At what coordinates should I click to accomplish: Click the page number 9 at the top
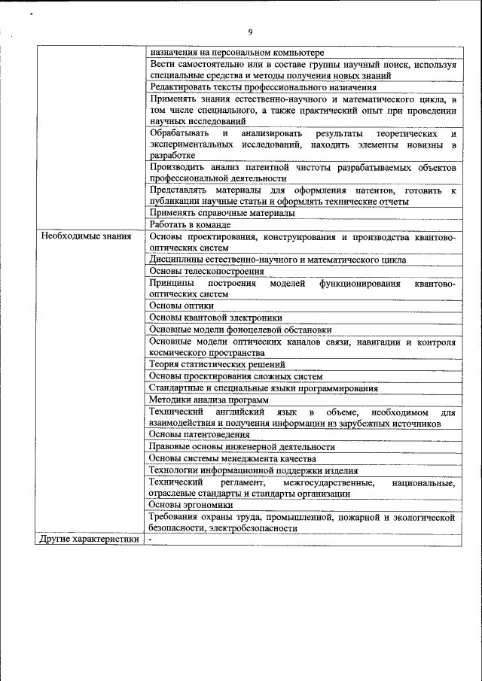point(249,32)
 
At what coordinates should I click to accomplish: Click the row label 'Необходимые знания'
point(85,236)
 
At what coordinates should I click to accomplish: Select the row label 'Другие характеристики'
point(90,540)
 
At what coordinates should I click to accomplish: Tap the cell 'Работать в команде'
point(190,224)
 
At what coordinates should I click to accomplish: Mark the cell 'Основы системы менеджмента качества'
point(232,458)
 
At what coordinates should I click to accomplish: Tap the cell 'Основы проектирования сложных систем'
point(236,376)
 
